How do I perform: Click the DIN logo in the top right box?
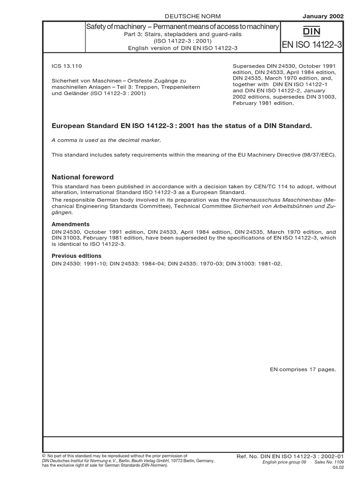[x=312, y=32]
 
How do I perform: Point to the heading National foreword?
[x=82, y=177]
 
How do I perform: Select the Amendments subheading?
[x=70, y=225]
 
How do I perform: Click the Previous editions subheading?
[x=76, y=256]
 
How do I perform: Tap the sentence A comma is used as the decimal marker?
[x=105, y=140]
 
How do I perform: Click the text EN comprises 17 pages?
[x=303, y=369]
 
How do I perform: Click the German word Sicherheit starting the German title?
[x=66, y=81]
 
